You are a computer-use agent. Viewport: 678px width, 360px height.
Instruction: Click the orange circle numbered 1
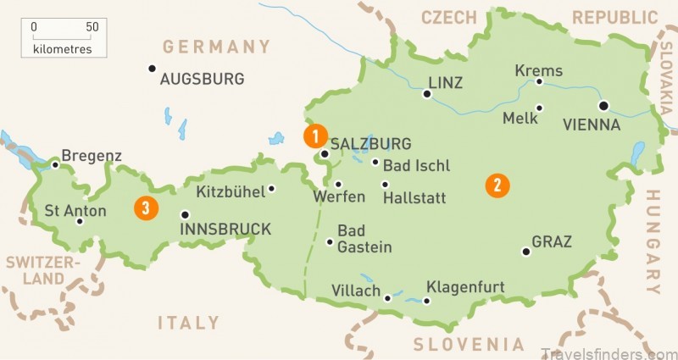[314, 135]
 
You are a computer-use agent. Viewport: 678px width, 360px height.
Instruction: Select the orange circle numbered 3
[147, 206]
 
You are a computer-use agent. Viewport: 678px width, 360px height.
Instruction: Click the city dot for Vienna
[603, 106]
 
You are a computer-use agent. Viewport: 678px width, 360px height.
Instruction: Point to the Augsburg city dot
[152, 68]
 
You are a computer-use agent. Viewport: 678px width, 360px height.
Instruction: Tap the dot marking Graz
[526, 252]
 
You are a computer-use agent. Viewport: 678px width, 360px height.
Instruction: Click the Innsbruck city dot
[186, 214]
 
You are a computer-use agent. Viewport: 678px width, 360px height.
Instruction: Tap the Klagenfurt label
[465, 288]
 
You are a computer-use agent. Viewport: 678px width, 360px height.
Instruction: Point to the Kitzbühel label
[230, 191]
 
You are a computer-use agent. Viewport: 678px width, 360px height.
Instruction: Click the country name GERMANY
[215, 47]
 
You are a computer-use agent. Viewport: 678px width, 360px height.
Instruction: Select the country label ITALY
[188, 323]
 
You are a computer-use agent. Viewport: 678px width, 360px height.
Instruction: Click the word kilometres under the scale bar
[64, 50]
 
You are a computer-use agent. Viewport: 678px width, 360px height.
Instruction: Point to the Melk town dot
[540, 108]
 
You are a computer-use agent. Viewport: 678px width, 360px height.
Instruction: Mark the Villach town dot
[388, 298]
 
